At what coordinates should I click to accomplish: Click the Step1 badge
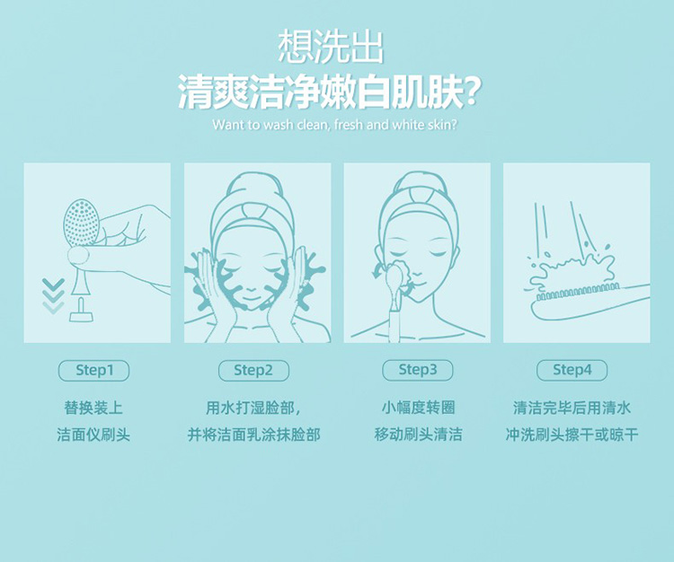point(93,371)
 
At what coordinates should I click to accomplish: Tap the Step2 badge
point(253,371)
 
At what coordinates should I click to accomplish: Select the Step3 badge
point(417,370)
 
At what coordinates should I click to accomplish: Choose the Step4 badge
point(572,370)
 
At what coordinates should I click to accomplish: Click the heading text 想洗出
point(331,48)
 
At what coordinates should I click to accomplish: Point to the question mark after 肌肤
point(472,92)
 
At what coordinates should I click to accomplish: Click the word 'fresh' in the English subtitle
point(349,125)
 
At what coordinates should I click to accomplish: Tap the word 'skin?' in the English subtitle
point(443,125)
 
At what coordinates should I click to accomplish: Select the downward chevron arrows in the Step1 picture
point(53,295)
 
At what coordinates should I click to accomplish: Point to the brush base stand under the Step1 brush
point(81,312)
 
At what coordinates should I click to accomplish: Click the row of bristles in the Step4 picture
point(577,293)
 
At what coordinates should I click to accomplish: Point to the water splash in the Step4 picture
point(572,268)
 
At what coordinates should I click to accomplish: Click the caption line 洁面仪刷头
point(93,435)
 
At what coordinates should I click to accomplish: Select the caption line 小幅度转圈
point(418,407)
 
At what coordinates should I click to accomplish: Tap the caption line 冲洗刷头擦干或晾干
point(572,435)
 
